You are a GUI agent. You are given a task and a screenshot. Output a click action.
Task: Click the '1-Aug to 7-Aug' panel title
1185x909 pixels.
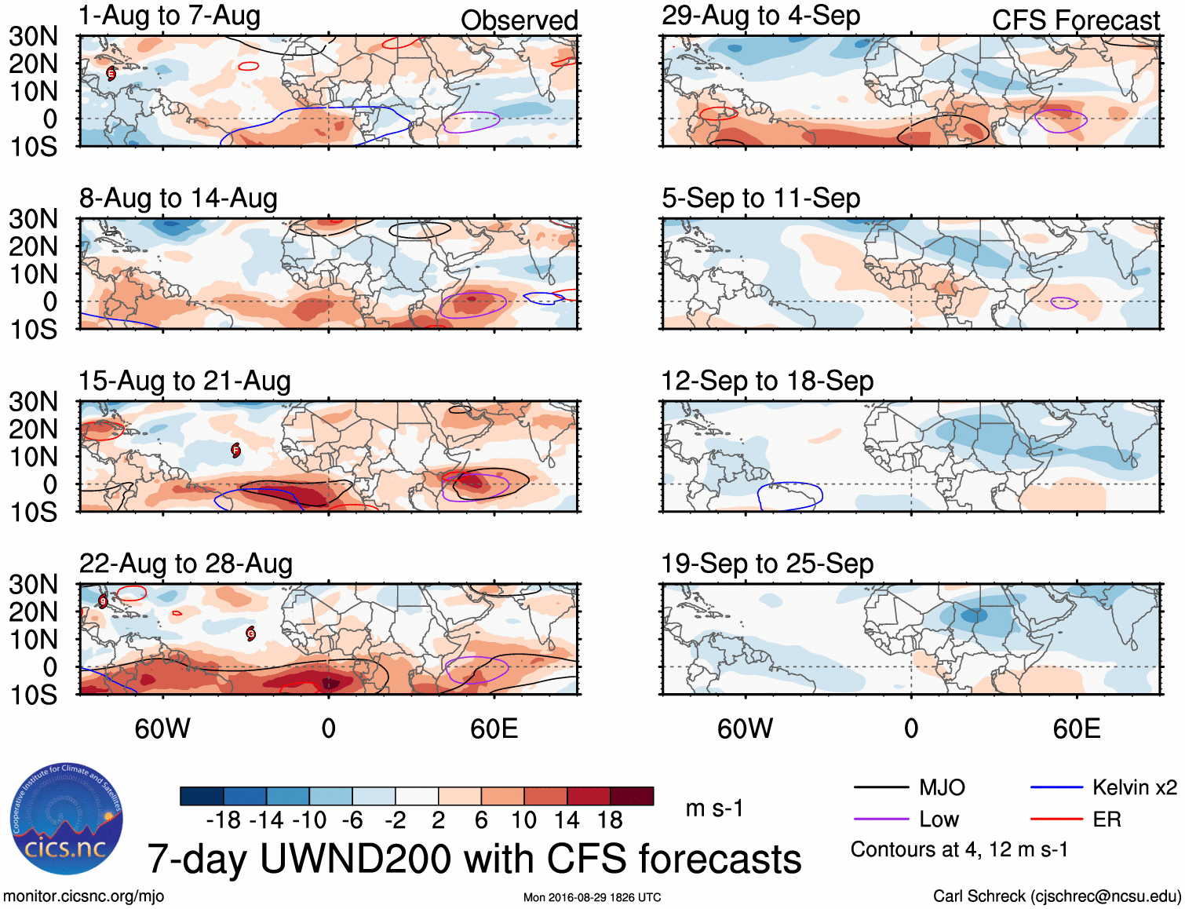tap(170, 16)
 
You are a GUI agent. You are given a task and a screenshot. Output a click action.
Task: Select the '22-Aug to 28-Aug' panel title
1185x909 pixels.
tap(186, 564)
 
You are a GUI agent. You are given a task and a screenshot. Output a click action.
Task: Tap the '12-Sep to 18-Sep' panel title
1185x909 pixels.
tap(768, 381)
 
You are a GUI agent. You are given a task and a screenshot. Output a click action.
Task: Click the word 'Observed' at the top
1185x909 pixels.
tap(519, 20)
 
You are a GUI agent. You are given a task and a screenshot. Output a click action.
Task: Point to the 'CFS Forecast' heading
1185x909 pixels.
tap(1075, 20)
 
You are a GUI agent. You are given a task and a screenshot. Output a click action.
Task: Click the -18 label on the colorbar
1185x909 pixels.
tap(224, 820)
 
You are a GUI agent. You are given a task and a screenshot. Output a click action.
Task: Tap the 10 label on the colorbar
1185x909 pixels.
tap(523, 820)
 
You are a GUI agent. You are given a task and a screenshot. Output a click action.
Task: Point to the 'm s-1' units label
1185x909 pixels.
tap(714, 809)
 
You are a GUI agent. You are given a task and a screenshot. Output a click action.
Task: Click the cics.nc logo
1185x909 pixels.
tap(67, 820)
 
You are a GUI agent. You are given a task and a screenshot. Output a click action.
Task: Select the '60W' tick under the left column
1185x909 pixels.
tap(162, 729)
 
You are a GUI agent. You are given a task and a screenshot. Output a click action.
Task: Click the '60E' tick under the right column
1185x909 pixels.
tap(1077, 729)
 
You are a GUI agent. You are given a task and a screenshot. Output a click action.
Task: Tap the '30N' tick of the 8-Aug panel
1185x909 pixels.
tap(34, 219)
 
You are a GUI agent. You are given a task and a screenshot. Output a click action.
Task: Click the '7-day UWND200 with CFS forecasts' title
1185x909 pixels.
tap(474, 859)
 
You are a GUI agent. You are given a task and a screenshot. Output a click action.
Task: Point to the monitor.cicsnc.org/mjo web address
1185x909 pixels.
tap(84, 896)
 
